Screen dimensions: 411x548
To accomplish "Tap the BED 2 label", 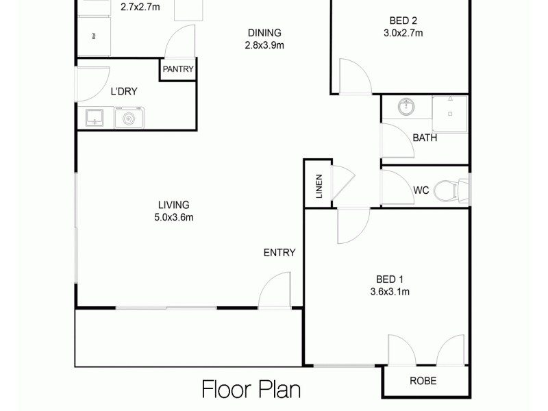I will coord(403,20).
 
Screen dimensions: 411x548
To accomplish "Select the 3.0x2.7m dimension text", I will coord(403,32).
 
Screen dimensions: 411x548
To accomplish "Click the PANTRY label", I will coord(178,69).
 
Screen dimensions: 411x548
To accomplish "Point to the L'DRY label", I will coord(125,90).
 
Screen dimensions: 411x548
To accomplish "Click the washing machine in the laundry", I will coord(127,119).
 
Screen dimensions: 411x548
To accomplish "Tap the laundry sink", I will coord(95,118).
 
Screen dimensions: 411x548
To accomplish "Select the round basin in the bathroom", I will coord(407,106).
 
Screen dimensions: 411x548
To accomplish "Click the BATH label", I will coord(425,138).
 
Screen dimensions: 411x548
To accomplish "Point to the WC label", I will coord(421,190).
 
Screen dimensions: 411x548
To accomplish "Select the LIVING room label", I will coord(173,205).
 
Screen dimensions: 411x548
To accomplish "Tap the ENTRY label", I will coord(279,253).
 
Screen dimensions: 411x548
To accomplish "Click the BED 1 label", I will coord(390,279).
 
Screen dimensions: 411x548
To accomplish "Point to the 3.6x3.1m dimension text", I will coord(390,292).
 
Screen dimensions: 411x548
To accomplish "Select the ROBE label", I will coord(423,382).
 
